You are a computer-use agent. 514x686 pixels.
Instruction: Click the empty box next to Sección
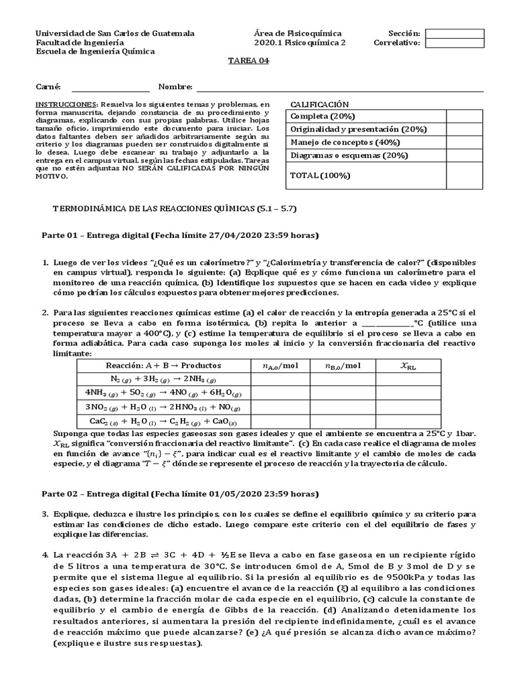click(x=454, y=33)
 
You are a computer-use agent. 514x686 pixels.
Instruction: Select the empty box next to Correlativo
click(x=454, y=44)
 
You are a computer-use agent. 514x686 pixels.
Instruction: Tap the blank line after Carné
click(x=110, y=87)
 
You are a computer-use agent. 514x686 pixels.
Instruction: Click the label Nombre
click(x=175, y=87)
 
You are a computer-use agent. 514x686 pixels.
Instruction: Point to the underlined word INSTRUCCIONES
click(x=66, y=105)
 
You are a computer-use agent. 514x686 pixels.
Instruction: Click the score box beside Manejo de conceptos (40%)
click(x=464, y=142)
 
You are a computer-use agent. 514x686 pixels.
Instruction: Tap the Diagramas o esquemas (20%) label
click(x=349, y=155)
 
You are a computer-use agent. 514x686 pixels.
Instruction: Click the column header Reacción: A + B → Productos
click(x=163, y=366)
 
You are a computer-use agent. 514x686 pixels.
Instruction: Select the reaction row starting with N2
click(x=163, y=379)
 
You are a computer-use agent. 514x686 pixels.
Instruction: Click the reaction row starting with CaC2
click(x=163, y=421)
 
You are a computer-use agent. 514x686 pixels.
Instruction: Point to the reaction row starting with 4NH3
click(x=163, y=393)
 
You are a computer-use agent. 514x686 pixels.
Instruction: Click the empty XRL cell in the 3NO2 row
click(x=408, y=407)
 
